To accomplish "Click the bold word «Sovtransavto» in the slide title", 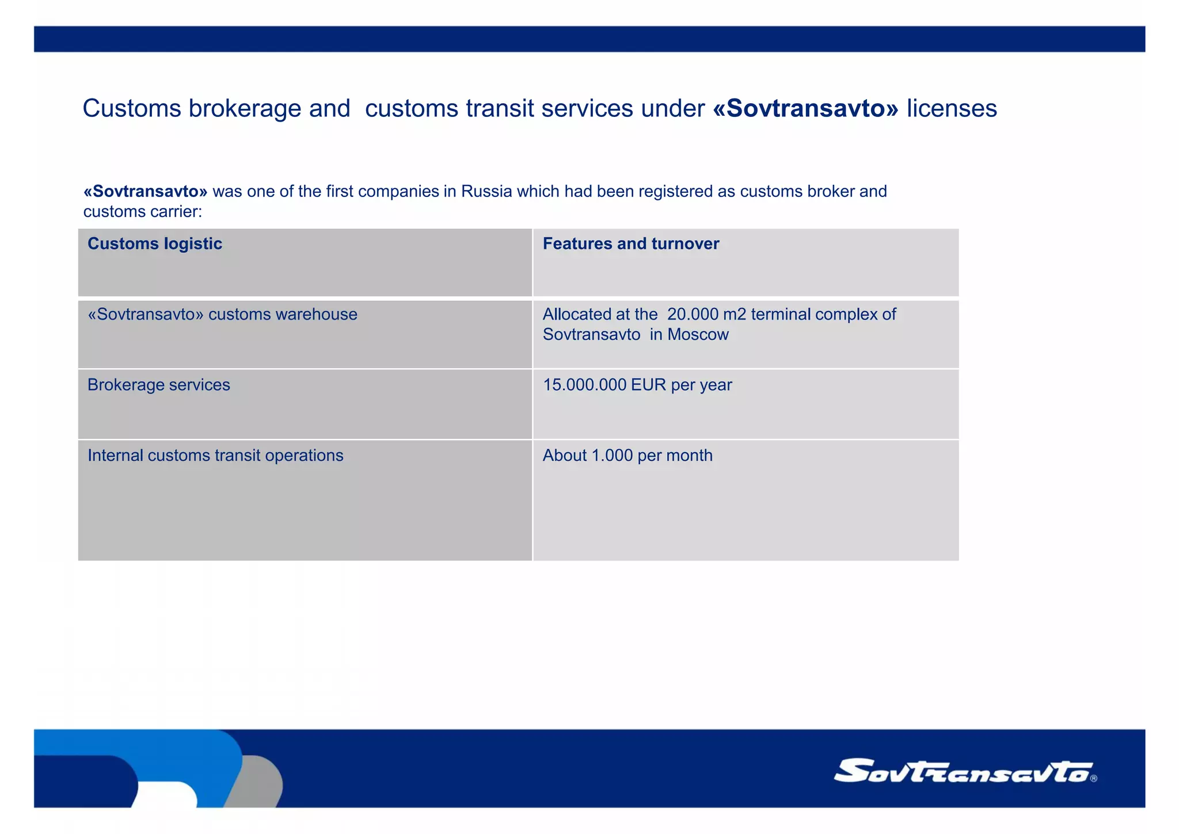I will coord(805,109).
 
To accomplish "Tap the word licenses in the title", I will coord(952,109).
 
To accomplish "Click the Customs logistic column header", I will coord(155,244).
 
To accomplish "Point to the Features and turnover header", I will coord(631,244).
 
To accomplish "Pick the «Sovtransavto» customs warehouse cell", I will coord(222,314).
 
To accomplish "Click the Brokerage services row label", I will coord(159,385).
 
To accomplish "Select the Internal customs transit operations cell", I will coord(215,456).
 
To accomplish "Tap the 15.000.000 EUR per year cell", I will coord(637,385).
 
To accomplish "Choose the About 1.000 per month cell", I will coord(627,456).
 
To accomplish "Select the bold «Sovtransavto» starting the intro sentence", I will coord(145,191).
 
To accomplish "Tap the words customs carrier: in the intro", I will coord(143,212).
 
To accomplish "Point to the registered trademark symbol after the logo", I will coord(1094,779).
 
